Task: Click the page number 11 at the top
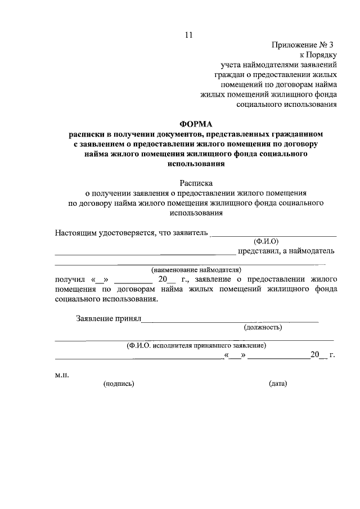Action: pos(188,35)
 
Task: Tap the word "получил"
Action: pos(69,279)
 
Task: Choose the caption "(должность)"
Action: pos(263,327)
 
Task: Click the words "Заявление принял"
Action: pos(107,318)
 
